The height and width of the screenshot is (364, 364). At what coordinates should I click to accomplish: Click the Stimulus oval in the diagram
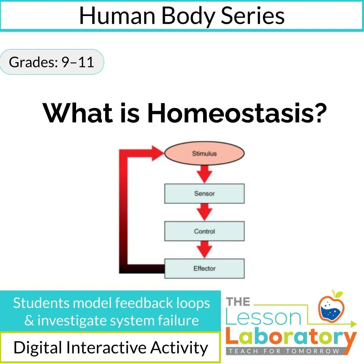[204, 154]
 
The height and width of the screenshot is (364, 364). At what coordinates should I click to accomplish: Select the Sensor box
[204, 194]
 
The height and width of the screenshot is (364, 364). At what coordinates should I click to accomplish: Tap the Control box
[204, 231]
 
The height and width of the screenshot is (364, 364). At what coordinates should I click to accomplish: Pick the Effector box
[204, 269]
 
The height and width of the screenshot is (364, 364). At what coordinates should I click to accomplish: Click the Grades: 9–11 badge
[51, 62]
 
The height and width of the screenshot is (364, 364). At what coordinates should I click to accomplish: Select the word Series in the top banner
[251, 16]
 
